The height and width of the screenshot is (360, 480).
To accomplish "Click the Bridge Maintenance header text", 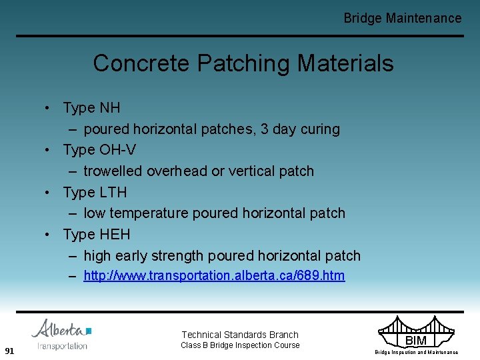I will (x=402, y=19).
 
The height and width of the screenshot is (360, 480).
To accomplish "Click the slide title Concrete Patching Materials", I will (x=243, y=63).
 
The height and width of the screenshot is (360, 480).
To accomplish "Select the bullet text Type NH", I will (x=91, y=107).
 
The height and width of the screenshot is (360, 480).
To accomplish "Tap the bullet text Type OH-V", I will (x=99, y=149).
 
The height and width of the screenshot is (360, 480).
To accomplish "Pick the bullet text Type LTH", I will (x=95, y=192).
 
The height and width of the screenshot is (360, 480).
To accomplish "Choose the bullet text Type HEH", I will (x=97, y=235).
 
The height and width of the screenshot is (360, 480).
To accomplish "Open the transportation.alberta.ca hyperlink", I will (x=214, y=276).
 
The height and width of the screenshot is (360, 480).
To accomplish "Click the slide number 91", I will (x=9, y=351).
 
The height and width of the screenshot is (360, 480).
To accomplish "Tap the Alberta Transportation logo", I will (x=61, y=334).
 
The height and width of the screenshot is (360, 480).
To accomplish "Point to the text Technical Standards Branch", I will (x=240, y=335).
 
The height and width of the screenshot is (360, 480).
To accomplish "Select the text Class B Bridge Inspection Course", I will (x=240, y=345).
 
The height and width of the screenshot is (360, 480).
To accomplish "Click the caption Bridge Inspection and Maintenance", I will (x=416, y=352).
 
